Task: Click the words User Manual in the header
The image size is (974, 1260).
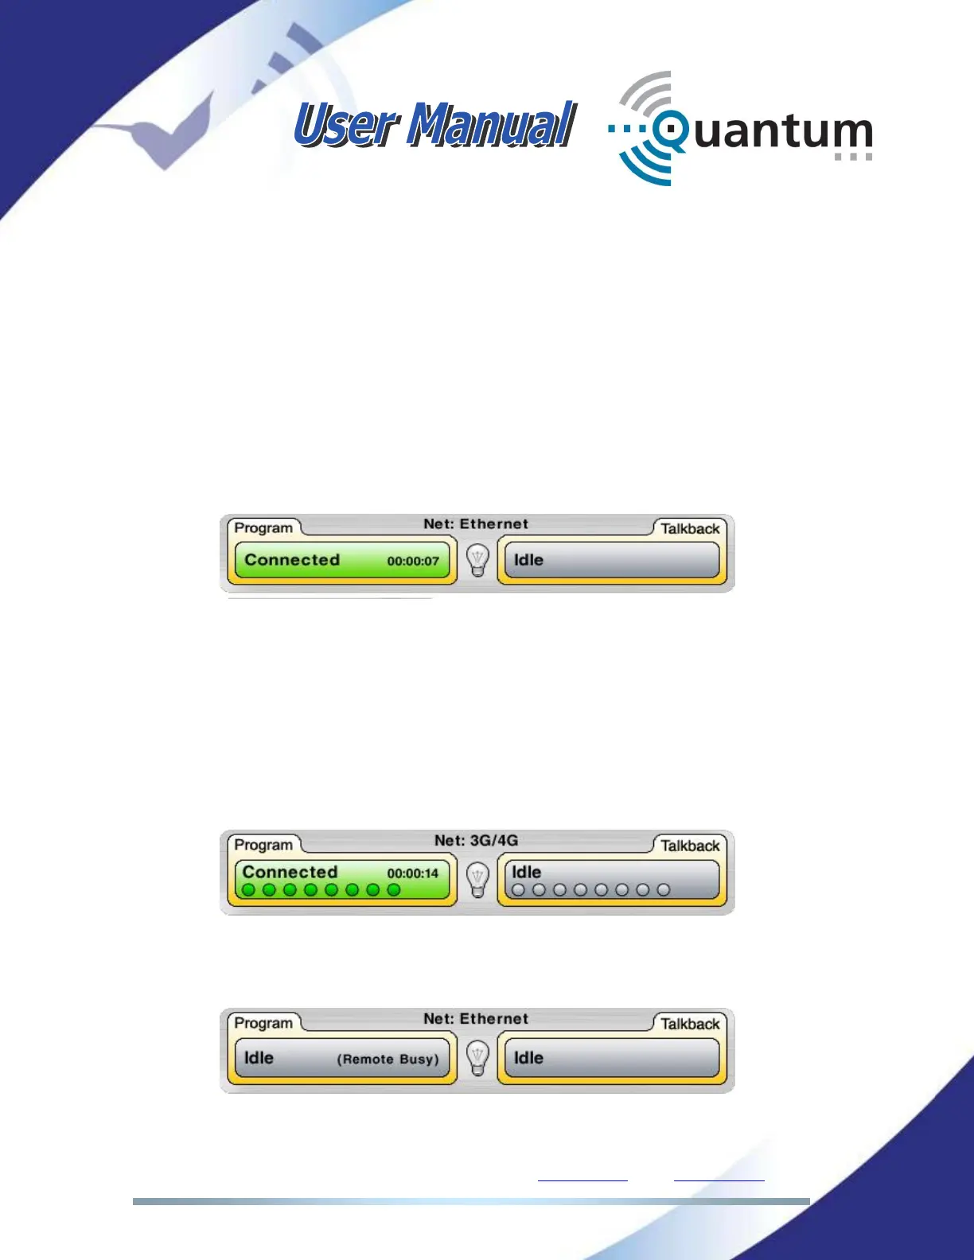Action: point(434,126)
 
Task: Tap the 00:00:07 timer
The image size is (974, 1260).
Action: point(413,561)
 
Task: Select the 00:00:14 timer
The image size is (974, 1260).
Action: point(413,873)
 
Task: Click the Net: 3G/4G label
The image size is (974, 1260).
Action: point(476,840)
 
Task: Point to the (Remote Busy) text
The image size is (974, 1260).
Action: point(388,1059)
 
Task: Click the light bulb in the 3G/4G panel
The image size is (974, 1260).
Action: point(477,880)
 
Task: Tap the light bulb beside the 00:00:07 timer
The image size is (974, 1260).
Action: point(477,560)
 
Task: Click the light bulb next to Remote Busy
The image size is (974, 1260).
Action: point(477,1058)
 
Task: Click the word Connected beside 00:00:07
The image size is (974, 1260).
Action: point(292,560)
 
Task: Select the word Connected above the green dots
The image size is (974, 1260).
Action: point(290,872)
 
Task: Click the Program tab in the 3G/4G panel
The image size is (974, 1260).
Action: point(263,845)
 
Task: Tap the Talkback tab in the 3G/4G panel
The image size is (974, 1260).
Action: point(690,846)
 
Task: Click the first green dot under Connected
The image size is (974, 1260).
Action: point(248,890)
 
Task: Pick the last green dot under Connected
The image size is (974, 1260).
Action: point(393,890)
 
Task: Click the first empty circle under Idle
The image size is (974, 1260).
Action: point(518,890)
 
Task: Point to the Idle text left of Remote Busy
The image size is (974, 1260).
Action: point(259,1058)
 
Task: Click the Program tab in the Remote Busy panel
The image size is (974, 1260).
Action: point(263,1023)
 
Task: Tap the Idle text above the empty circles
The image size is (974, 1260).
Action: point(527,872)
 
